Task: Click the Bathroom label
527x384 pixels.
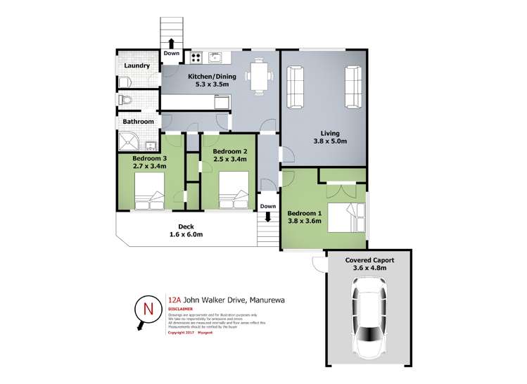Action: [x=139, y=122]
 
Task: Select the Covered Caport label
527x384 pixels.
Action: [x=369, y=260]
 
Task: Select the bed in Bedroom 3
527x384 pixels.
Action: [x=149, y=193]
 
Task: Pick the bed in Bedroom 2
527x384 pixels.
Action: [x=231, y=193]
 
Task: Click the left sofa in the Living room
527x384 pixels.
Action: [x=294, y=87]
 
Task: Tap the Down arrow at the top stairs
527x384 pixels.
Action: [x=171, y=43]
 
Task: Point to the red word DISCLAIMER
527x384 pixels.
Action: [x=182, y=308]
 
